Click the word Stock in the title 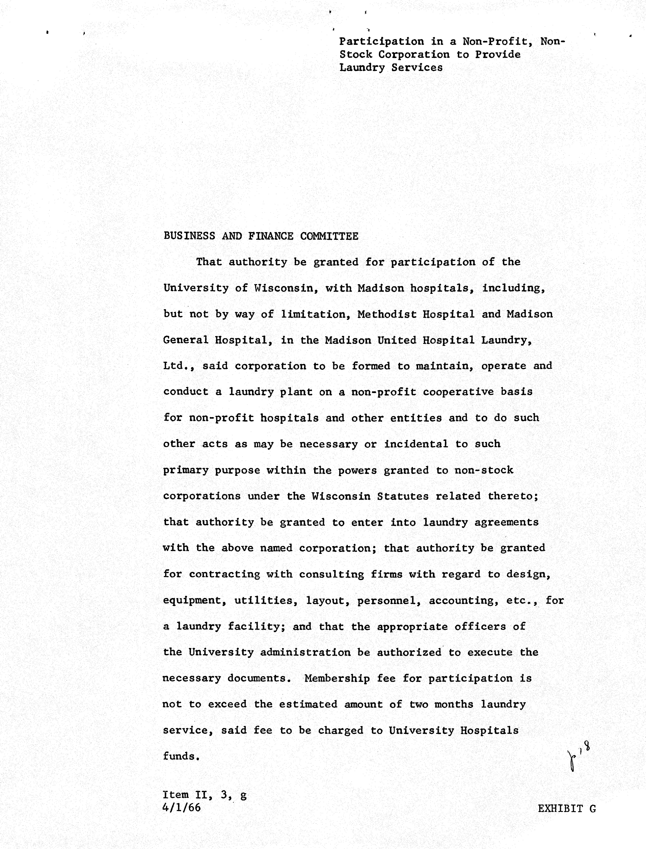click(356, 55)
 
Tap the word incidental click(416, 444)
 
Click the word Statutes click(403, 496)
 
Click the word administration click(305, 652)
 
